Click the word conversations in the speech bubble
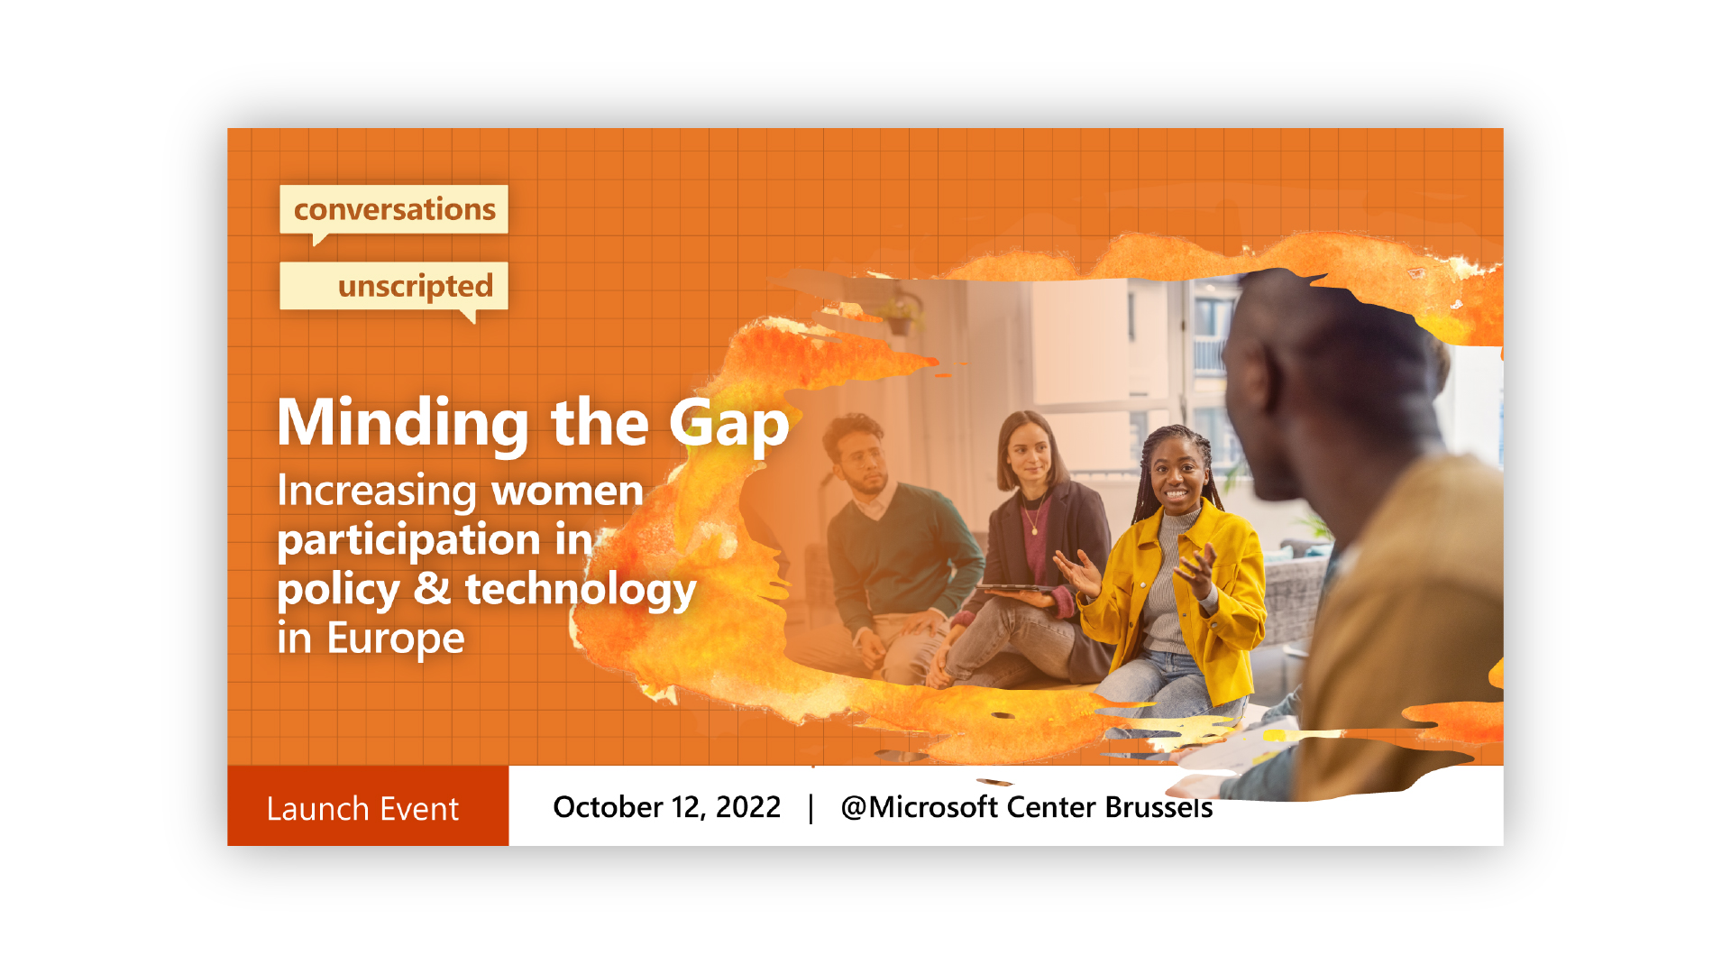click(395, 209)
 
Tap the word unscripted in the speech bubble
click(416, 287)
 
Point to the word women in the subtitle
click(567, 491)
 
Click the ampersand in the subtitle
click(432, 588)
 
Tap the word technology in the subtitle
click(581, 590)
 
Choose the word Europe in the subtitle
click(396, 639)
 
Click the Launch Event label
click(362, 809)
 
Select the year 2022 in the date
click(748, 807)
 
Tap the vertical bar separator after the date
click(811, 808)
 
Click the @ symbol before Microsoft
click(854, 807)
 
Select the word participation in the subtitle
click(408, 541)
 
